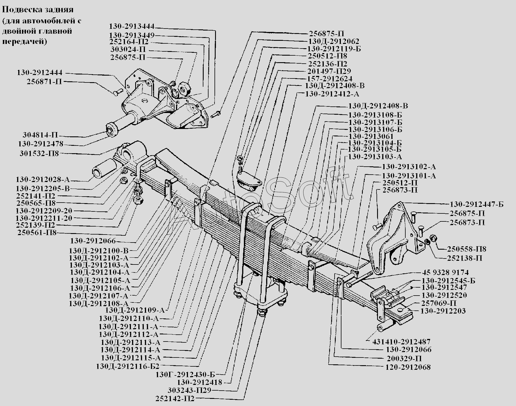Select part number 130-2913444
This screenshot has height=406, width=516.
pos(131,27)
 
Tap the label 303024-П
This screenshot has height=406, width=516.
pos(128,50)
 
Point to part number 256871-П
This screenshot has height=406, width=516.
pos(44,82)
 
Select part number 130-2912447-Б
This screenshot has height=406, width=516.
pos(476,205)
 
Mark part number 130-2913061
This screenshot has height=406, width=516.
pos(371,136)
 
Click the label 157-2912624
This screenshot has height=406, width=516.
pos(330,78)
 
